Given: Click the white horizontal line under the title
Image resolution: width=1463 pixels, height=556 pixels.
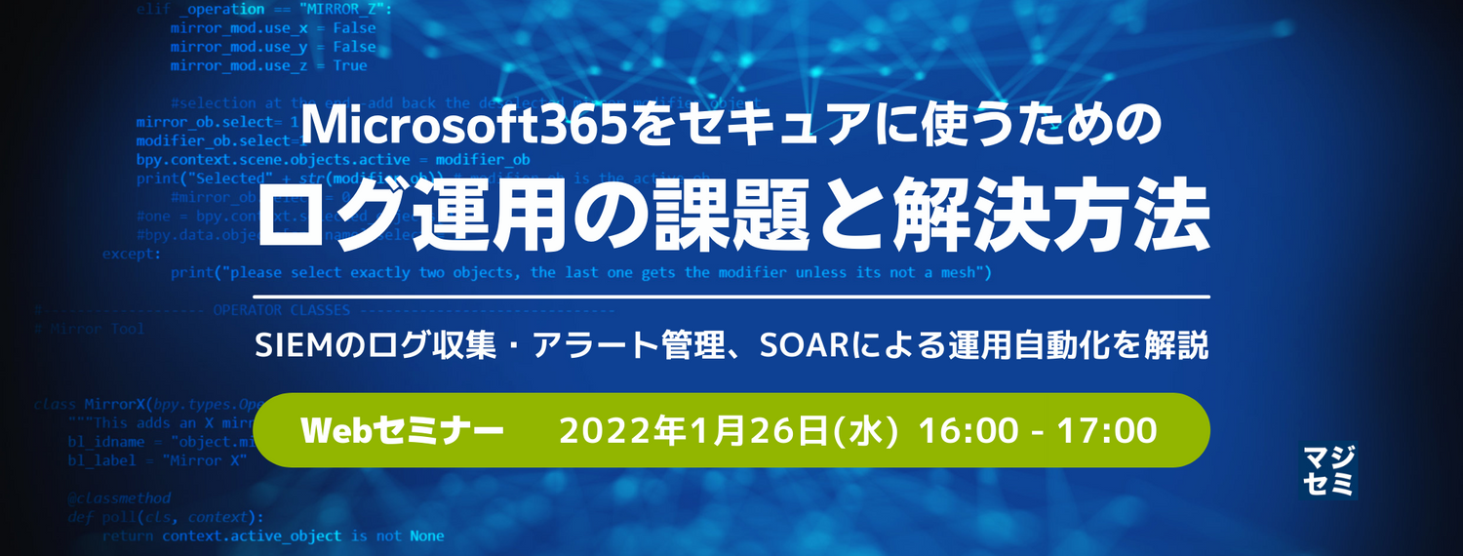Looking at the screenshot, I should click(731, 297).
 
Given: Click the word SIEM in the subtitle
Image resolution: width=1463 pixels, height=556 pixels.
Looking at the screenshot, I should click(287, 345).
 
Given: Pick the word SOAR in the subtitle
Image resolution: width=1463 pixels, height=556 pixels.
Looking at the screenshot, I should click(811, 345).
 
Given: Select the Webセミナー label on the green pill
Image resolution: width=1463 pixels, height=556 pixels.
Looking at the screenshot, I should click(402, 430).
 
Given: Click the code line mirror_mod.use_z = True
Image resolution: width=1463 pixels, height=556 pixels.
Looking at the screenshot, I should click(268, 65).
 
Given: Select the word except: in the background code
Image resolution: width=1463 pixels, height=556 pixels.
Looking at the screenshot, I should click(131, 254).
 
